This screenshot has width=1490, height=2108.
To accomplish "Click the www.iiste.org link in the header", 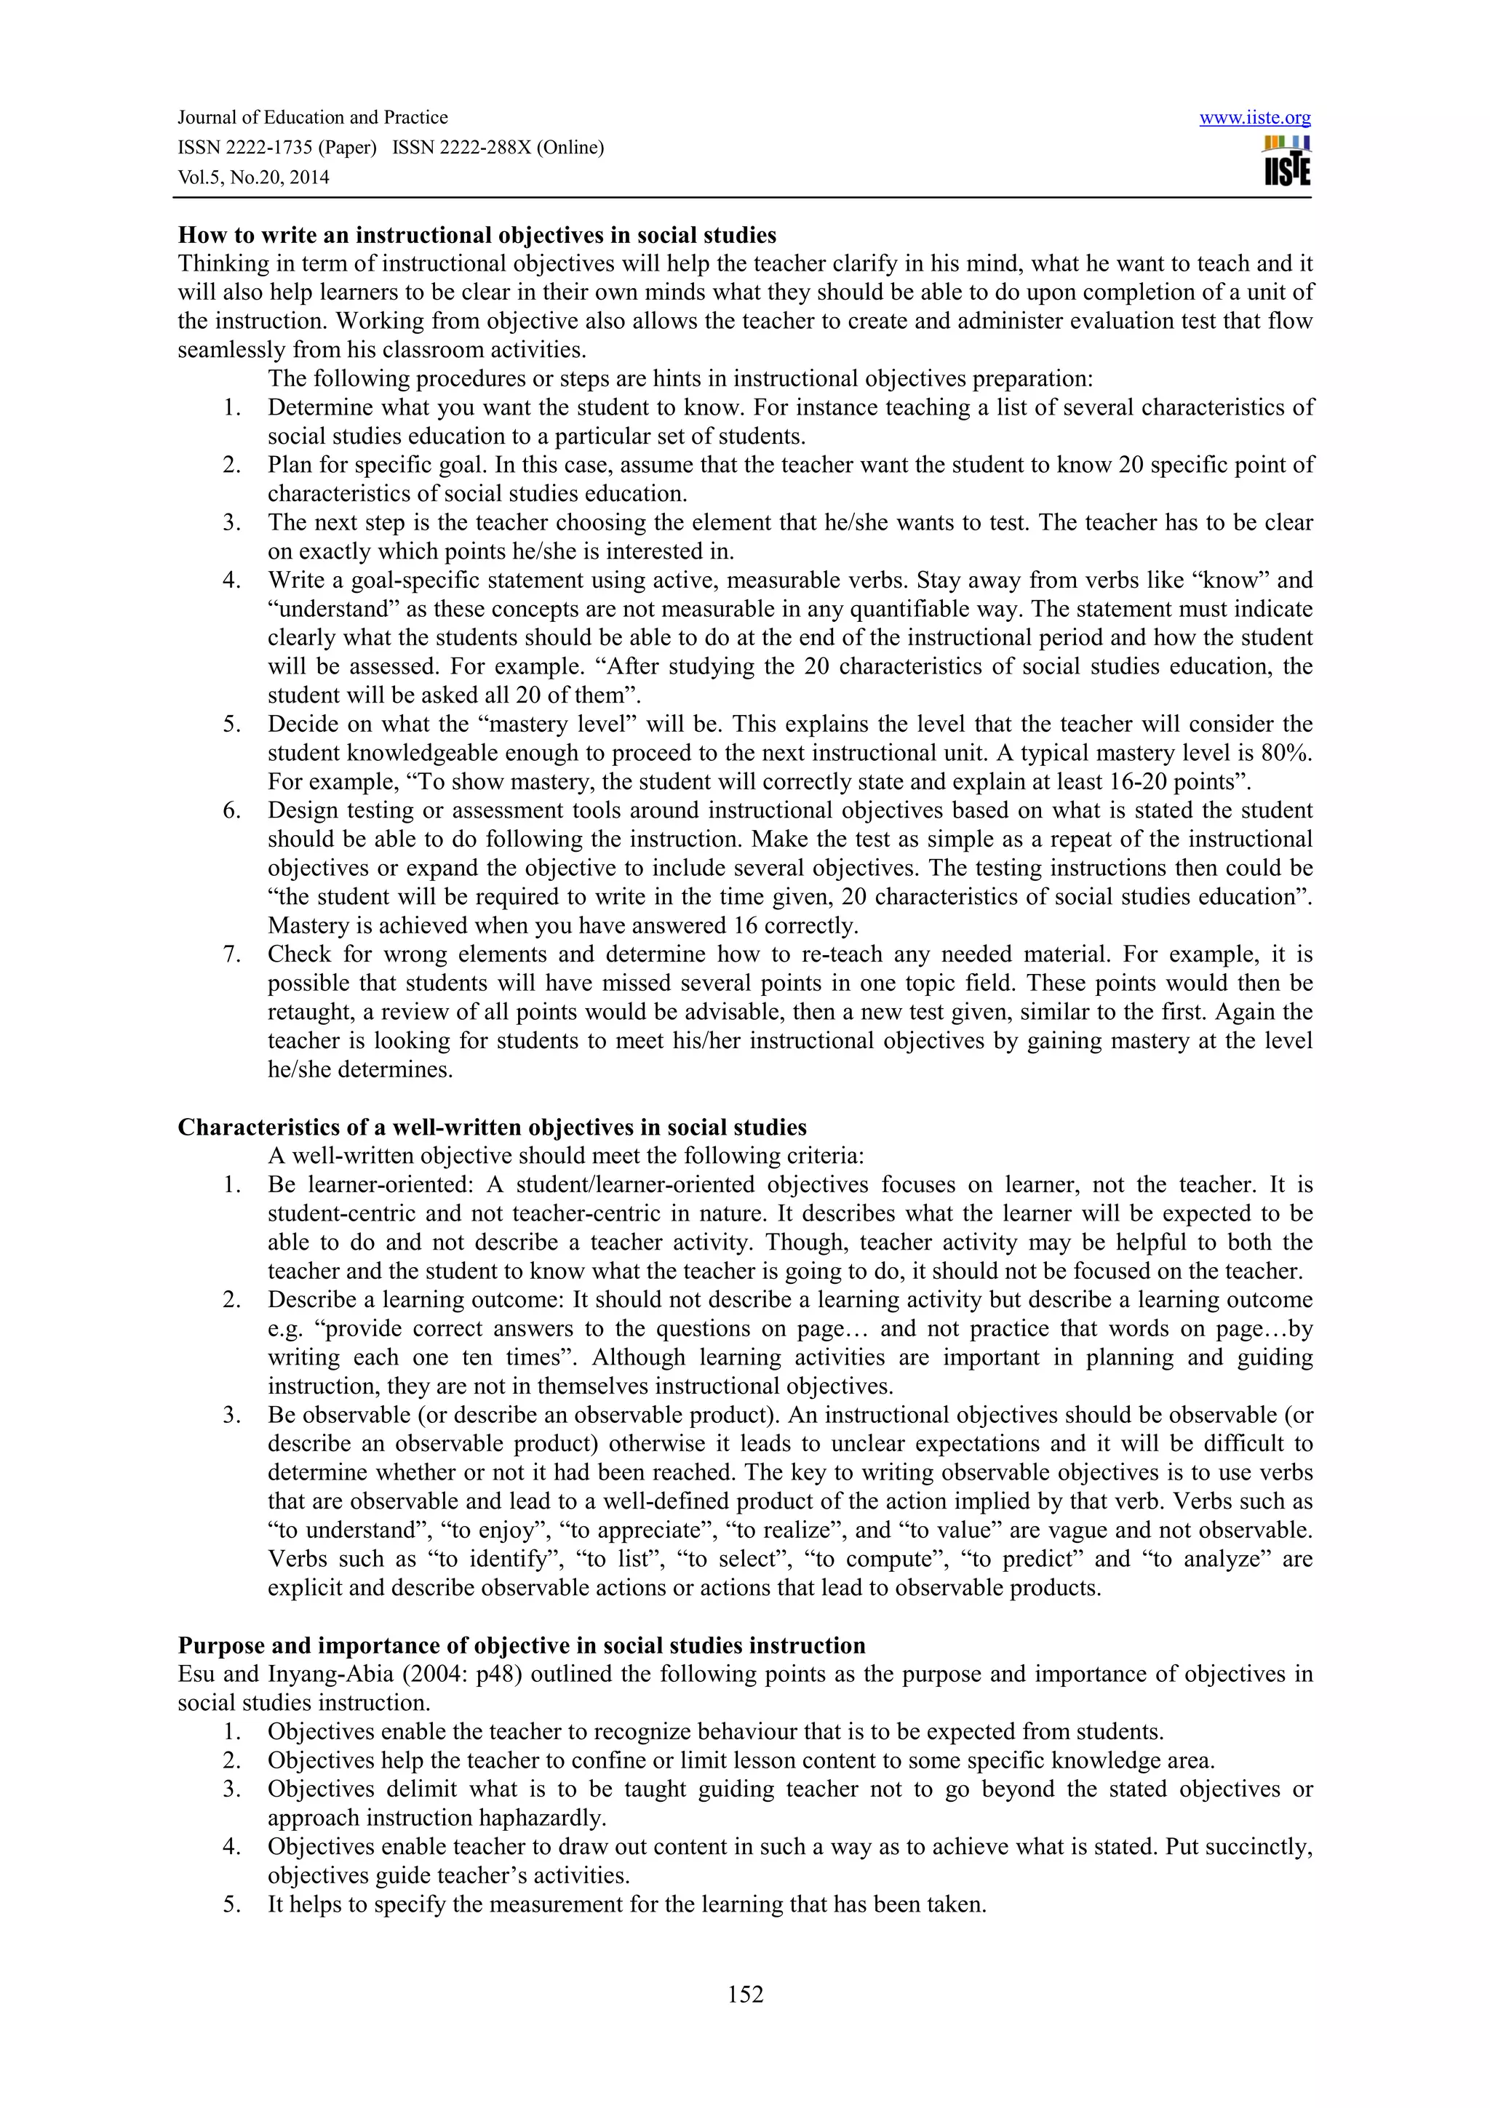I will pyautogui.click(x=1254, y=119).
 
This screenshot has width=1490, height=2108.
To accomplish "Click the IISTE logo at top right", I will pyautogui.click(x=1286, y=162).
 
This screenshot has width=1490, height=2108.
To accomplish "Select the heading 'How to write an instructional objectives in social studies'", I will pyautogui.click(x=477, y=235).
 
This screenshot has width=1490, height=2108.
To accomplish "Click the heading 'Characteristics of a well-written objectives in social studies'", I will pyautogui.click(x=492, y=1127).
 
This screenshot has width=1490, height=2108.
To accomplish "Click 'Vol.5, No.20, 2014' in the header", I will pyautogui.click(x=252, y=177).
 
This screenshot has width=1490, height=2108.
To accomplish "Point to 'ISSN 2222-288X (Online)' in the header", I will pyautogui.click(x=498, y=148).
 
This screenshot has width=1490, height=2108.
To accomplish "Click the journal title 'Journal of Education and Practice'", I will pyautogui.click(x=312, y=118).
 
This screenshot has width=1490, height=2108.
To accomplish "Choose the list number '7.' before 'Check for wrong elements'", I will pyautogui.click(x=231, y=955).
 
